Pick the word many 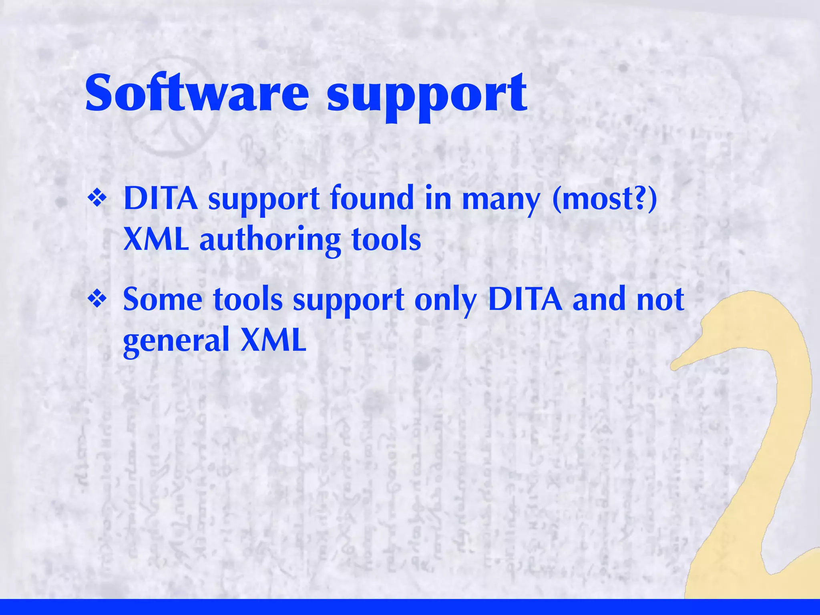(501, 200)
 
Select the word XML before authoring (156, 239)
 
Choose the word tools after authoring (386, 239)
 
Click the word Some (163, 299)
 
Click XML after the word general (273, 340)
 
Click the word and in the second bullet (599, 299)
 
